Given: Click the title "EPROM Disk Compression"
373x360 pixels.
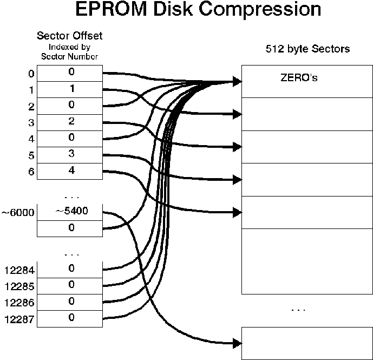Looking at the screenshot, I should pyautogui.click(x=198, y=11).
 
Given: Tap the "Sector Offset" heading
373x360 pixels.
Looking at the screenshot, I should pyautogui.click(x=69, y=36).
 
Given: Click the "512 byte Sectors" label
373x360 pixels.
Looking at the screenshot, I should pyautogui.click(x=307, y=49).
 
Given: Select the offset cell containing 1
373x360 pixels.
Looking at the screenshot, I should pyautogui.click(x=69, y=88).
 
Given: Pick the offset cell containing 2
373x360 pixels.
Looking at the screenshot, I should pyautogui.click(x=69, y=121).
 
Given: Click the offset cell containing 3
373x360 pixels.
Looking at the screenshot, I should pyautogui.click(x=69, y=154).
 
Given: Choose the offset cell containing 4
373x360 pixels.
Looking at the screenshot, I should pyautogui.click(x=69, y=171).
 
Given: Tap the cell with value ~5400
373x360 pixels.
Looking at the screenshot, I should pyautogui.click(x=69, y=212).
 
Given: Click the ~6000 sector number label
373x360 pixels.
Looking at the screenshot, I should pyautogui.click(x=18, y=213).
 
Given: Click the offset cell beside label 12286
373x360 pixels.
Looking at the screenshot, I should pyautogui.click(x=69, y=302).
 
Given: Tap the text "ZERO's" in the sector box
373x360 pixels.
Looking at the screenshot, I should pyautogui.click(x=299, y=78).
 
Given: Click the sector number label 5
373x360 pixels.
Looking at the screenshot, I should pyautogui.click(x=31, y=155).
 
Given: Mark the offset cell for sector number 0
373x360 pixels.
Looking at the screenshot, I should pyautogui.click(x=69, y=72).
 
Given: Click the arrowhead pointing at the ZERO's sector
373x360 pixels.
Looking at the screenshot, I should pyautogui.click(x=237, y=82).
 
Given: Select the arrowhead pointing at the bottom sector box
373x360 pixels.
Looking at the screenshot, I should pyautogui.click(x=237, y=343).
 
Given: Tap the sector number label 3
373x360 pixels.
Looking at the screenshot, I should pyautogui.click(x=31, y=123).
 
